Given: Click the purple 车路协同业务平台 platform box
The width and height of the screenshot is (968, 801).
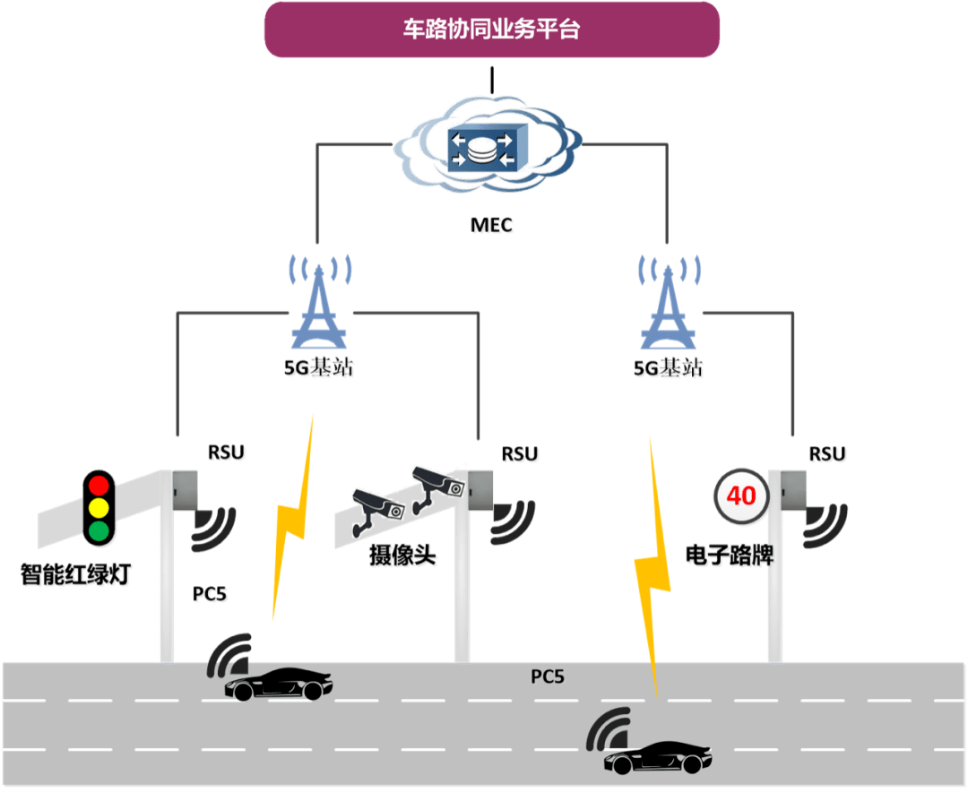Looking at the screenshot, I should tap(491, 30).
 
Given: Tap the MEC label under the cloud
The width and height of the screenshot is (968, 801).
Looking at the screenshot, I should tap(492, 225).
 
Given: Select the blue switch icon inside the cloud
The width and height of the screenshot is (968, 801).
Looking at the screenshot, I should tap(484, 148).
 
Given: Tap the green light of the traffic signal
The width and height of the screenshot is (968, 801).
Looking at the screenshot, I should tap(98, 531).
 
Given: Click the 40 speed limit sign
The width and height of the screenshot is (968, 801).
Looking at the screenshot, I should tap(741, 495).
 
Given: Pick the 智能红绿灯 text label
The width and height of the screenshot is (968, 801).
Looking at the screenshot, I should tap(75, 574).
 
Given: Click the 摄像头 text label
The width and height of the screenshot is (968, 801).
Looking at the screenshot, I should tap(402, 556).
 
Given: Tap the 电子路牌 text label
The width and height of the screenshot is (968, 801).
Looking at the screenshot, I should tap(729, 556).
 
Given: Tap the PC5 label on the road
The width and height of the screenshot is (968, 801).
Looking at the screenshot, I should tap(548, 676).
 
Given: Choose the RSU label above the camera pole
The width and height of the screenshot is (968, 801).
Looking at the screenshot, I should tap(520, 454).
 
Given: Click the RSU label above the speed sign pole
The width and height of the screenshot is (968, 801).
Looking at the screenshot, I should tap(826, 454).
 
